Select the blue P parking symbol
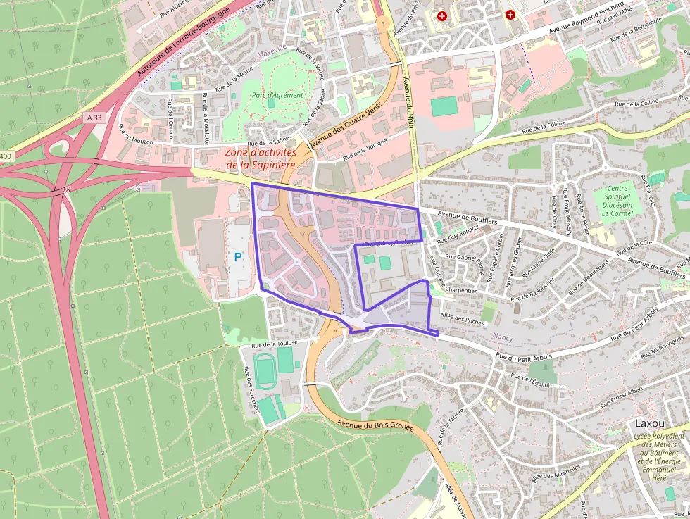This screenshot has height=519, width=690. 238,258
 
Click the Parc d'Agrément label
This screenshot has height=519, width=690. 277,95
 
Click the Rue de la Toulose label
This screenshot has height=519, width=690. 280,344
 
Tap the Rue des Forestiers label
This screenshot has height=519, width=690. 251,389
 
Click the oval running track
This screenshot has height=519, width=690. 264,370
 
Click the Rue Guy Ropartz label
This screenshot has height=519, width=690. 458,233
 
